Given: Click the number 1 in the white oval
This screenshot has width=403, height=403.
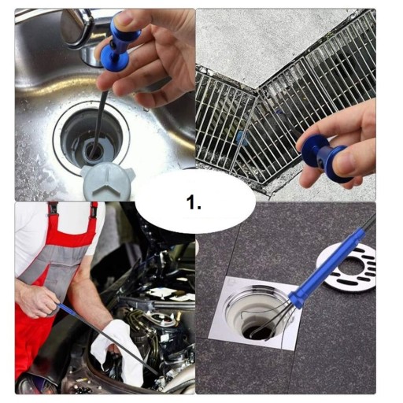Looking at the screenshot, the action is [x=194, y=203].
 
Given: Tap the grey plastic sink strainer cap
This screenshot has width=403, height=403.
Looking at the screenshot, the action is [x=108, y=181].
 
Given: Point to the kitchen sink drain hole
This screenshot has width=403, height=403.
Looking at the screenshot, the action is [x=92, y=141].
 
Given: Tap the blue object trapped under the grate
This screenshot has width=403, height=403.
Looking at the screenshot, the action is [x=241, y=139].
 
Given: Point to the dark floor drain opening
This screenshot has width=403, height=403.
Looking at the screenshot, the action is [x=260, y=331].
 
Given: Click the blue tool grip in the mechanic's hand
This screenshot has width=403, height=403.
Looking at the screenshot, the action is [x=67, y=309].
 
